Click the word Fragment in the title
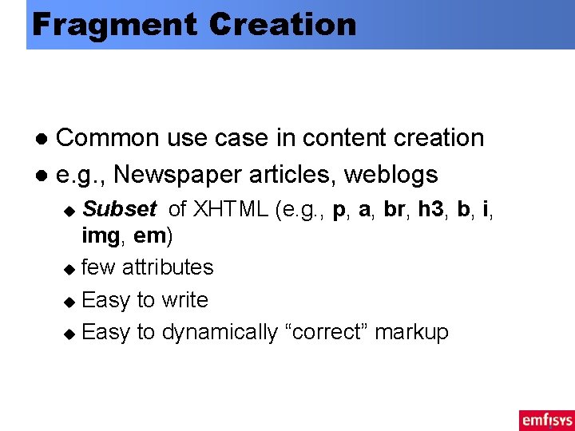click(112, 25)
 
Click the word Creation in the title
click(282, 25)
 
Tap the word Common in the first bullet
click(108, 138)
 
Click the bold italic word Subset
click(119, 210)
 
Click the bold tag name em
click(149, 236)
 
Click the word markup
click(412, 333)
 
